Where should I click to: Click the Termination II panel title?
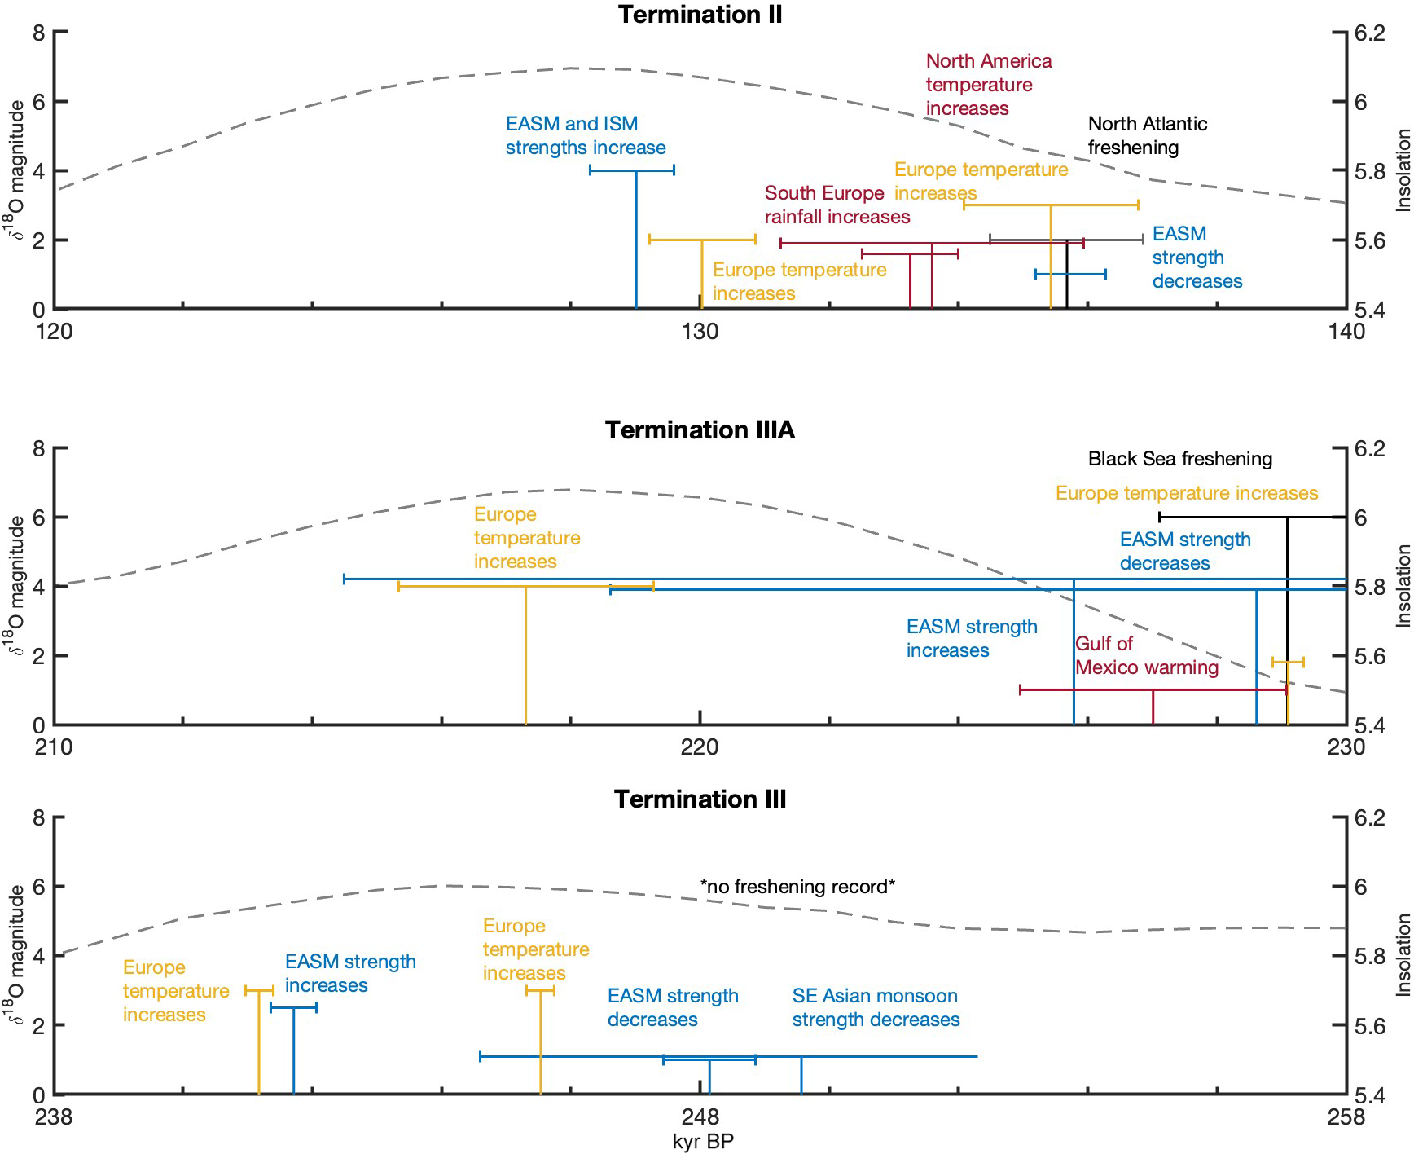click(700, 15)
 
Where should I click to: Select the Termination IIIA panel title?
click(700, 429)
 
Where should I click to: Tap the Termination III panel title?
click(700, 799)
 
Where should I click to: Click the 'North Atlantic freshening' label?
click(1147, 135)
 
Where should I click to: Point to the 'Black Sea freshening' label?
click(1179, 459)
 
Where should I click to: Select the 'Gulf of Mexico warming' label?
click(1146, 655)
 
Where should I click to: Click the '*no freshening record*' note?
click(797, 886)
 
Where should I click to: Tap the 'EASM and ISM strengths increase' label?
click(585, 135)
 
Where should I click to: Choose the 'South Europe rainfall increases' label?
click(837, 205)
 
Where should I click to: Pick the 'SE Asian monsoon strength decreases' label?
click(876, 1007)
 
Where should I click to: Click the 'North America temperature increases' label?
click(988, 85)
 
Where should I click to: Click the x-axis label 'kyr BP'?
click(703, 1141)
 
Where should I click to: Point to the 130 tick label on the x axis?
click(700, 332)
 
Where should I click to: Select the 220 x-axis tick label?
click(700, 747)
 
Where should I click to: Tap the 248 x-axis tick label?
click(700, 1116)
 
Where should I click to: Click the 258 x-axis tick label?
click(1346, 1116)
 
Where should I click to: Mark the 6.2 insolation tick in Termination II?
click(1369, 33)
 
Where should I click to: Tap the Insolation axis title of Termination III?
click(1403, 955)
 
